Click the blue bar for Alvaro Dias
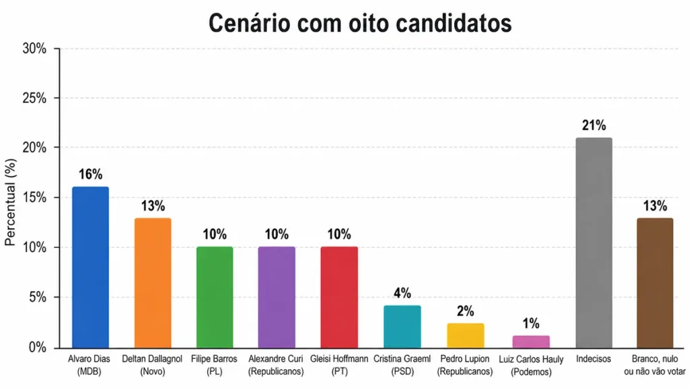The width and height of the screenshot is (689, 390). [x=90, y=267]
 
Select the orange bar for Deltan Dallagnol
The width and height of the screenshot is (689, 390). [x=153, y=282]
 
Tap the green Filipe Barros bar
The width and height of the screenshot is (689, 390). [x=215, y=297]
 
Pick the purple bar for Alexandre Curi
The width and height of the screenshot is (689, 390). [x=277, y=297]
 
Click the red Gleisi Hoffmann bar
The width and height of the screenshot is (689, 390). [x=339, y=297]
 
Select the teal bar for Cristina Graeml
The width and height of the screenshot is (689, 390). [x=402, y=327]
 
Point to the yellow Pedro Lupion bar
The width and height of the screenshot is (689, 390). [x=465, y=335]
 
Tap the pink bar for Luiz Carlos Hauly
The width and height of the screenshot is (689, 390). [x=531, y=341]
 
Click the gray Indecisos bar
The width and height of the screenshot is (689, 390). [x=593, y=242]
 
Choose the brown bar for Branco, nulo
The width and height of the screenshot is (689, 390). [x=655, y=282]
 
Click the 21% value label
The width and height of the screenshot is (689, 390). [x=593, y=125]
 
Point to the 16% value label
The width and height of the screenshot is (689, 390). [x=90, y=174]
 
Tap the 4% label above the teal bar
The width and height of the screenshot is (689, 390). [x=402, y=293]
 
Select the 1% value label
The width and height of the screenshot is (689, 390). [x=531, y=323]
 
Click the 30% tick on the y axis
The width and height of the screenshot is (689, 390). [x=34, y=48]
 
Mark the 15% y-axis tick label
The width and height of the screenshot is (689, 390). [x=34, y=198]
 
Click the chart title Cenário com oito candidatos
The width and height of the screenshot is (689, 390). [x=360, y=22]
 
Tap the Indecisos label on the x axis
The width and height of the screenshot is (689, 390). [x=593, y=359]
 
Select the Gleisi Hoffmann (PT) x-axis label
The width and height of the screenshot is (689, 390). [x=339, y=364]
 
